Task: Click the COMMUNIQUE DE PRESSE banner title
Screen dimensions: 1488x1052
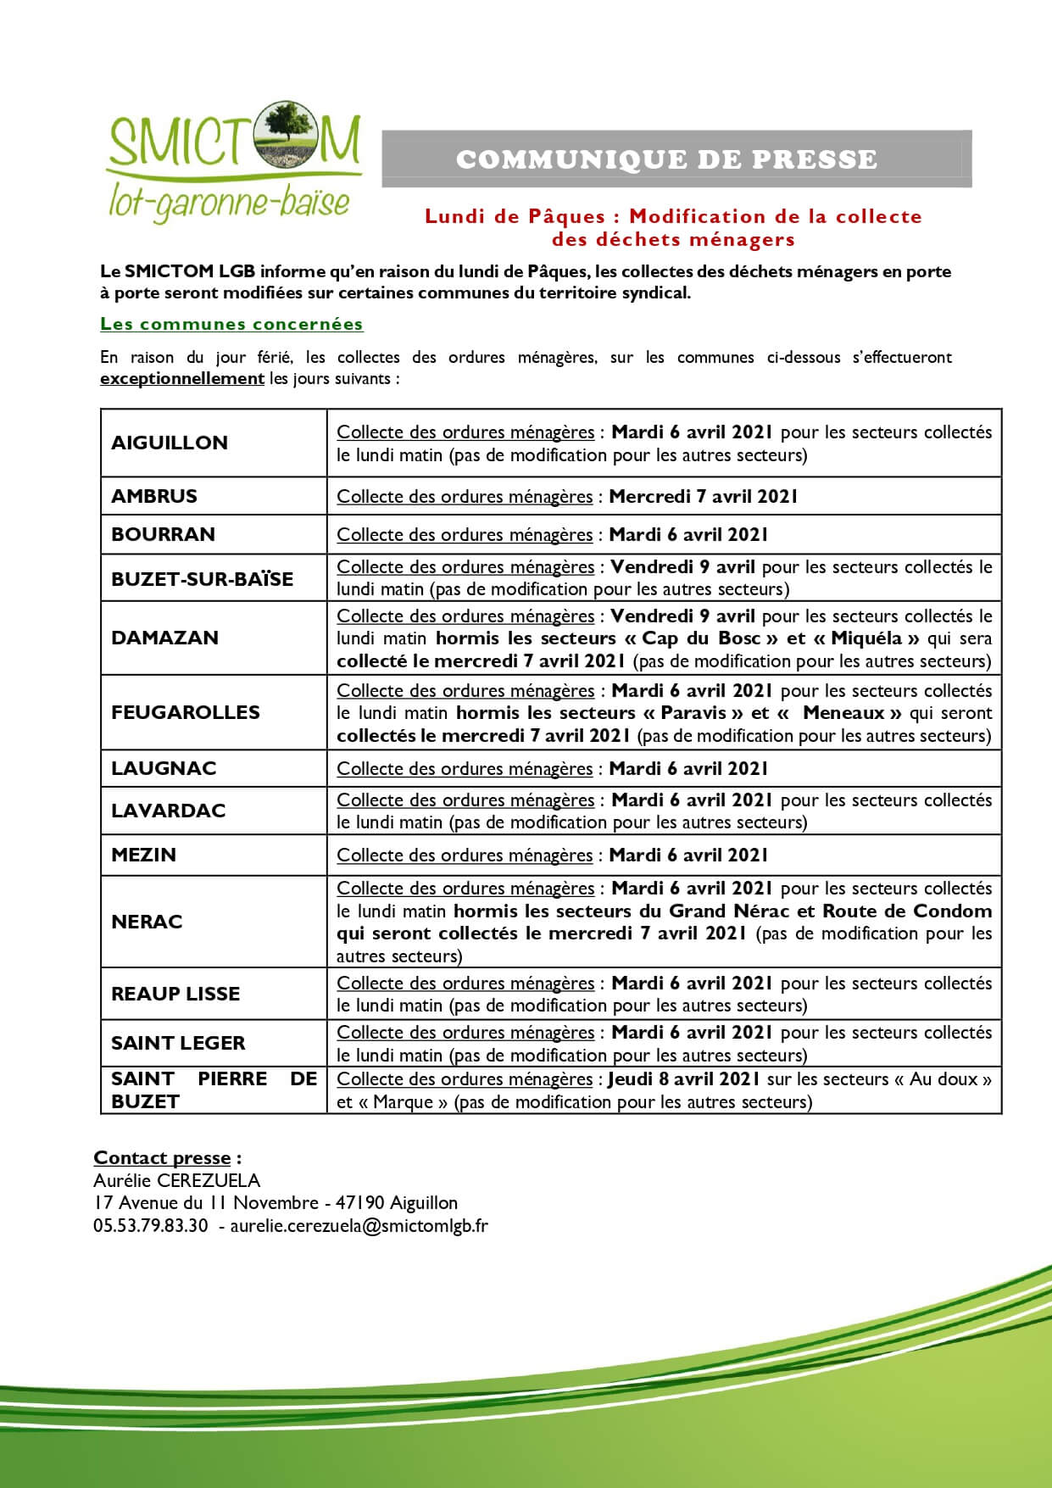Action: [666, 159]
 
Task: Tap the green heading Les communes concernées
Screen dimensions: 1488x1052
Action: [231, 324]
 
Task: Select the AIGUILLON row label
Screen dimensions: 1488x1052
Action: [170, 443]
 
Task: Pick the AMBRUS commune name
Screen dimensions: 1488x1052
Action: [154, 496]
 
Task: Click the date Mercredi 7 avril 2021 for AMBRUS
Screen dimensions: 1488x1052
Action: [703, 496]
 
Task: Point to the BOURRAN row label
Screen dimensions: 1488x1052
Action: [163, 534]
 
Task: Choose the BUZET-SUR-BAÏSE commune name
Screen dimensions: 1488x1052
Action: [202, 579]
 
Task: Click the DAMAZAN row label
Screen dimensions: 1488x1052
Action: [164, 638]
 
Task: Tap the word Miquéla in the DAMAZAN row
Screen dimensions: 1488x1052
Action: [866, 638]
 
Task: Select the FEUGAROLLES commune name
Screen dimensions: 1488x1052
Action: [186, 712]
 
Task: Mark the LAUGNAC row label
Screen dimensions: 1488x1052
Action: [164, 768]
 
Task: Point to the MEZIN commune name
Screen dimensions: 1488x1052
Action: [143, 855]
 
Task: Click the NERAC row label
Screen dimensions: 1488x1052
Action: [147, 922]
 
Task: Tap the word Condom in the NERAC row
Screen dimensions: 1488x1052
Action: [952, 911]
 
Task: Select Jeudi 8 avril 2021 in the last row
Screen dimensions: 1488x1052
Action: [683, 1079]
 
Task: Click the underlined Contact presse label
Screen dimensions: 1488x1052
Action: [162, 1158]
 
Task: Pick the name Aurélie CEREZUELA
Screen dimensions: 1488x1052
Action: [176, 1180]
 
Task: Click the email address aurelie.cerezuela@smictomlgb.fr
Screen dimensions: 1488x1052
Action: [359, 1225]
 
